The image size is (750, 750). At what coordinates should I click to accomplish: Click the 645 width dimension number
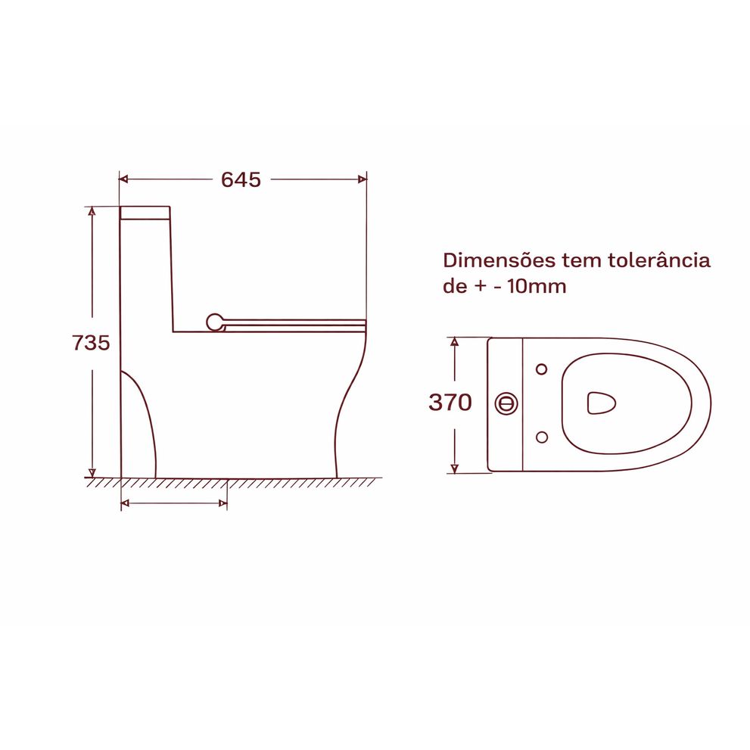click(x=241, y=179)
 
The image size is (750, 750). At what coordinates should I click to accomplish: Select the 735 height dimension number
click(x=91, y=343)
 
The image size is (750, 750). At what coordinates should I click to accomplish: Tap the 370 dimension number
click(x=450, y=403)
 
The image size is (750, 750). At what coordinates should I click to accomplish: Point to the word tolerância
click(x=659, y=260)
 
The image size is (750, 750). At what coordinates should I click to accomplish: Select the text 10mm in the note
click(x=537, y=287)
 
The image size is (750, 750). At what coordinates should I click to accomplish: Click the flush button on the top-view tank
click(x=506, y=403)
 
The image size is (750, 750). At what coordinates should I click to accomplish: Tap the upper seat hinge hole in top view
click(x=541, y=369)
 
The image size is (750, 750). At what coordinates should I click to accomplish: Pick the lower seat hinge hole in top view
click(x=542, y=437)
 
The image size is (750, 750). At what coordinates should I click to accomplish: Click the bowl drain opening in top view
click(x=601, y=403)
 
